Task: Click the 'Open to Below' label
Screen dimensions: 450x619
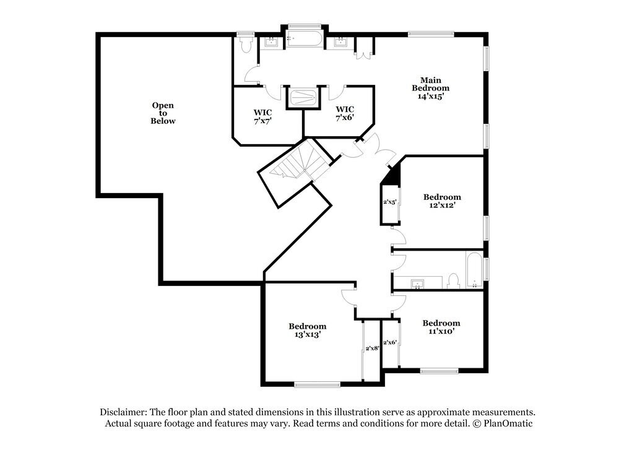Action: [x=163, y=113]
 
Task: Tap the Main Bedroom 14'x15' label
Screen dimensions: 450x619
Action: [x=430, y=88]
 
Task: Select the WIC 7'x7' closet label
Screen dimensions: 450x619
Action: [x=262, y=116]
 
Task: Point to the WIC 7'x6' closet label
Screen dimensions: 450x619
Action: [x=345, y=113]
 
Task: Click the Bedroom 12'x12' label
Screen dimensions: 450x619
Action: [x=442, y=201]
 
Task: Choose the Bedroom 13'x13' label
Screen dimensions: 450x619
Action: [x=307, y=330]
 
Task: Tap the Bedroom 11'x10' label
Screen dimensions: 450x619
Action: [x=441, y=327]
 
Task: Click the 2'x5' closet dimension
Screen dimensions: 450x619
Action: [x=390, y=201]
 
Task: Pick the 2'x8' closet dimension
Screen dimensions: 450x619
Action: [x=372, y=348]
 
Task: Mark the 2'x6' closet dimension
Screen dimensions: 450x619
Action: [x=390, y=342]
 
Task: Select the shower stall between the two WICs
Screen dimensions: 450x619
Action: [x=303, y=97]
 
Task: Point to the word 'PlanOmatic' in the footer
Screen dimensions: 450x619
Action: [x=509, y=424]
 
